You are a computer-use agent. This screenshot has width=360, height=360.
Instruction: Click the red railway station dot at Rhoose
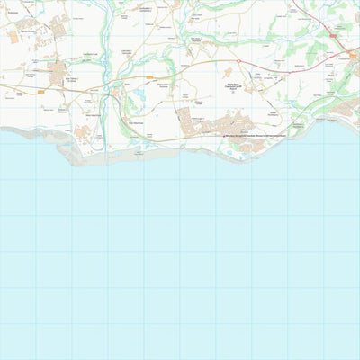point(224,135)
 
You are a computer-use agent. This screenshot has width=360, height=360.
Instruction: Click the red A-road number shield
point(331,34)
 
